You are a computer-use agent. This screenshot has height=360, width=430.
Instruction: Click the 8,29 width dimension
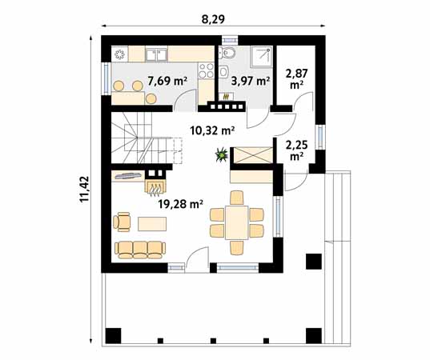[x=213, y=19]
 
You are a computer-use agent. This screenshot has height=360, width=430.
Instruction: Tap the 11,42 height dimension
[x=85, y=189]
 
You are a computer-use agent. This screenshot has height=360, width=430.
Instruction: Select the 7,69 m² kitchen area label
[x=167, y=81]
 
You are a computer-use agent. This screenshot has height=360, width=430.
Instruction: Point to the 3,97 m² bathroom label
[x=251, y=81]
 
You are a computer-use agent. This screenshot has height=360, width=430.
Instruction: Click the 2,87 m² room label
[x=296, y=79]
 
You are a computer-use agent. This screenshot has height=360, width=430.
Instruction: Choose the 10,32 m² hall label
[x=212, y=130]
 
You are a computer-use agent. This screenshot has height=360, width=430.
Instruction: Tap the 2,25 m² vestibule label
[x=296, y=150]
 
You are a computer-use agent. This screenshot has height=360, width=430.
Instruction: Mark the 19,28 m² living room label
[x=181, y=204]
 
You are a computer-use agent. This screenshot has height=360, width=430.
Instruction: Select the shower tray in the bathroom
[x=261, y=57]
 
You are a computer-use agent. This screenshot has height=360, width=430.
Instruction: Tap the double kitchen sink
[x=156, y=54]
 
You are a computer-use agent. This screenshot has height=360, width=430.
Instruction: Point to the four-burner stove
[x=206, y=70]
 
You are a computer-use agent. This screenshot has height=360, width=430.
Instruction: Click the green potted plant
[x=222, y=154]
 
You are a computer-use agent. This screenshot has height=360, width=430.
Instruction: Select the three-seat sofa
[x=140, y=250]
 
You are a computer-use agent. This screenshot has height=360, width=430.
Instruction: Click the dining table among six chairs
[x=237, y=222]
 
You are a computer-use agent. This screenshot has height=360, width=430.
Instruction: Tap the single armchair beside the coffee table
[x=122, y=222]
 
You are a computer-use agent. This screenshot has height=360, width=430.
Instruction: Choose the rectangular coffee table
[x=152, y=224]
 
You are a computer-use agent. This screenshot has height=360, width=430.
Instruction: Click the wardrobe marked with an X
[x=251, y=155]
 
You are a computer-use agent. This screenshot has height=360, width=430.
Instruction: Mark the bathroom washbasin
[x=223, y=72]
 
